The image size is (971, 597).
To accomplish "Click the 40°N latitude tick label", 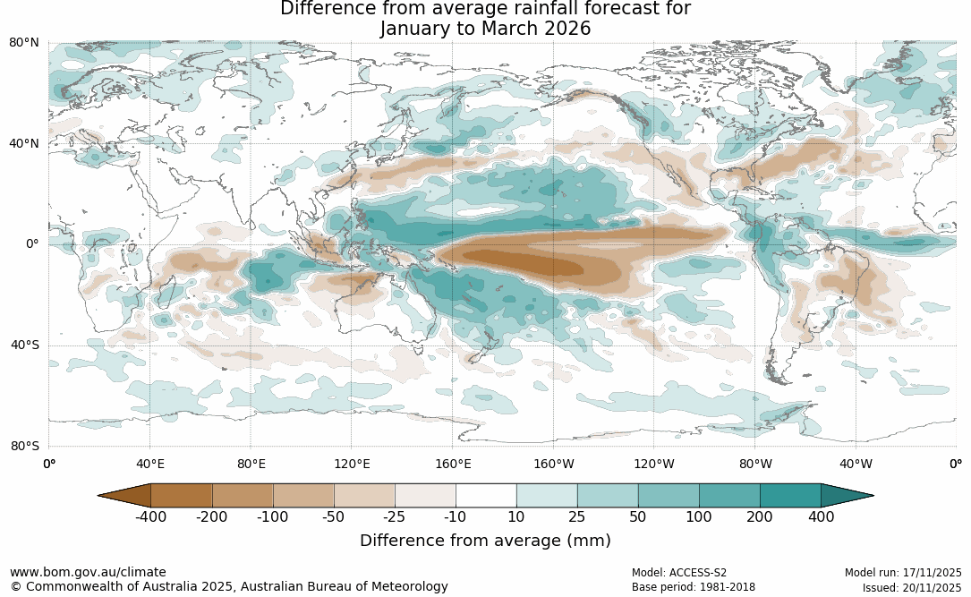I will (24, 143).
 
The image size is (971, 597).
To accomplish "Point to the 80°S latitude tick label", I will (24, 446).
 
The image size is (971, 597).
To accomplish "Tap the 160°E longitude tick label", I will (453, 464).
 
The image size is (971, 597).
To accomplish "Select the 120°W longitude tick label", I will (654, 464).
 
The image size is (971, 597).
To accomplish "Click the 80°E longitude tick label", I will (251, 464).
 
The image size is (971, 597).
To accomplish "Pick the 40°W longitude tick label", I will (856, 464).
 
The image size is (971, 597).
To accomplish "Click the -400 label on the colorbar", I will (151, 516).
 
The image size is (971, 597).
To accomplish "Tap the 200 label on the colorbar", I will (760, 516).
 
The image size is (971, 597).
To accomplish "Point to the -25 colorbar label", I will (395, 516).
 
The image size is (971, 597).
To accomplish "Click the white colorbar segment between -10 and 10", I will (486, 495).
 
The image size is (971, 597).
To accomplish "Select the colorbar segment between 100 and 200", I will (729, 495).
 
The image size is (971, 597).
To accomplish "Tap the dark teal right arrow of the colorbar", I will (847, 495).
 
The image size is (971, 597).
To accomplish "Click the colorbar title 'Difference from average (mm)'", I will (485, 541).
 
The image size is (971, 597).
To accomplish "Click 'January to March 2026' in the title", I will (485, 29).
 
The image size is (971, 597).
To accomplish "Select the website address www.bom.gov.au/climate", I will (88, 572).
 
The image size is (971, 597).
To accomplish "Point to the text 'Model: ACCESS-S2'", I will (679, 573).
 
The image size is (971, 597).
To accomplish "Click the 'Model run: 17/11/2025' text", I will (903, 573).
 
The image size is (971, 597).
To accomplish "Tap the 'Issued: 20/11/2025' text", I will (912, 588).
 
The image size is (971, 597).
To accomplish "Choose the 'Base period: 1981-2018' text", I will (693, 588).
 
